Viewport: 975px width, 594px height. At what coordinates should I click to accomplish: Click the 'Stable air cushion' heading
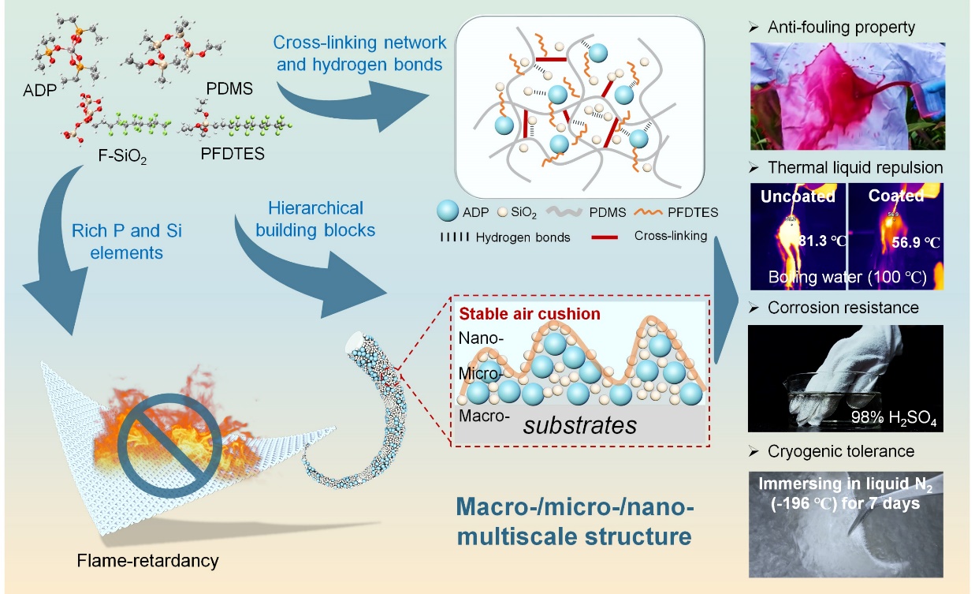pyautogui.click(x=529, y=313)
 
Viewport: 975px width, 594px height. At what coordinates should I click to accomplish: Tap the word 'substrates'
pyautogui.click(x=582, y=425)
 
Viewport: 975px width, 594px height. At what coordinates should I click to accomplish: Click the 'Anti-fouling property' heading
pyautogui.click(x=840, y=28)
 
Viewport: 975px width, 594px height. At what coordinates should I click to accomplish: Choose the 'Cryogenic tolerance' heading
pyautogui.click(x=840, y=451)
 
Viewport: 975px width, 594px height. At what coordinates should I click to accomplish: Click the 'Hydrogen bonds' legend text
pyautogui.click(x=522, y=237)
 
